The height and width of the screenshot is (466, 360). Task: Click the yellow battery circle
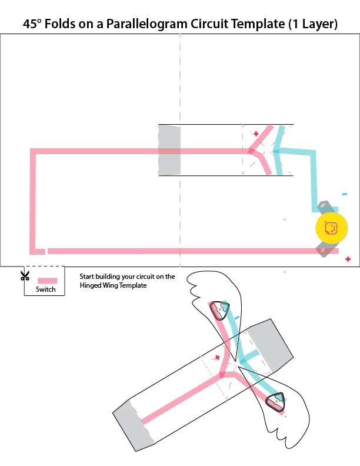tap(331, 228)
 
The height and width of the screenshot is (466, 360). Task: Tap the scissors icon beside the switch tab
tap(25, 275)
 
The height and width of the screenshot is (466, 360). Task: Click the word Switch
tap(45, 289)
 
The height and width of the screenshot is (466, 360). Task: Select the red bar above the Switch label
tap(47, 281)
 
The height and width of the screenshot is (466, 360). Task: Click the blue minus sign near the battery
tap(344, 194)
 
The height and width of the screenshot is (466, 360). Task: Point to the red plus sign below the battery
tap(348, 259)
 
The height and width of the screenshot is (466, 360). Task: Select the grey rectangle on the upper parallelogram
tap(169, 150)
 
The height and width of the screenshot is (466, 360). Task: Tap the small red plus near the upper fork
tap(256, 134)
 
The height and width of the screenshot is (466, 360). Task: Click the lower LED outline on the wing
tap(275, 402)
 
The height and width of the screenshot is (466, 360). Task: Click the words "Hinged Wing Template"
tap(112, 285)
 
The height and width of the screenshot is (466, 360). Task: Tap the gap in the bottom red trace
tap(46, 251)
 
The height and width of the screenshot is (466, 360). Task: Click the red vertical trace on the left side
tap(33, 200)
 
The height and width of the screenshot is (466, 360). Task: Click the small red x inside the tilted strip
tap(217, 357)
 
